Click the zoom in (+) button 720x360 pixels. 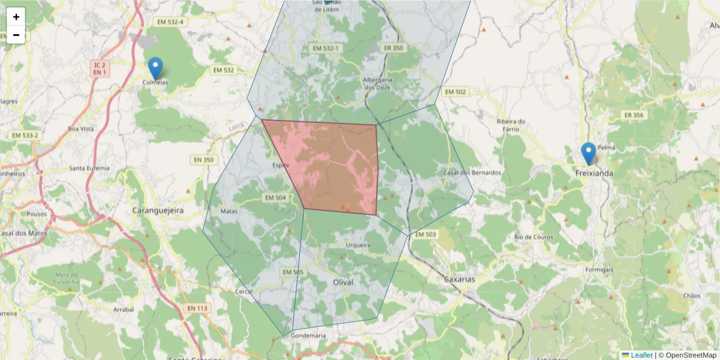(x=16, y=17)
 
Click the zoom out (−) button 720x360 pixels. (x=16, y=35)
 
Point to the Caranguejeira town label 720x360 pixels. (x=157, y=211)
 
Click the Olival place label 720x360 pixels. (x=343, y=282)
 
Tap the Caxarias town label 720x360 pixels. (x=459, y=280)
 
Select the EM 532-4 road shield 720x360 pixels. (x=170, y=22)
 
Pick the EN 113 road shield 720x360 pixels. (x=197, y=308)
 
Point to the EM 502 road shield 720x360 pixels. (x=454, y=92)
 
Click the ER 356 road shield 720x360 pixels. (x=634, y=115)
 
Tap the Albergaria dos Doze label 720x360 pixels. (x=377, y=83)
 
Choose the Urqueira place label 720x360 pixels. (x=358, y=245)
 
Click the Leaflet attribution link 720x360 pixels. (x=641, y=355)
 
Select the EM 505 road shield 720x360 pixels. (x=293, y=272)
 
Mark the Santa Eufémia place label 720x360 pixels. (x=90, y=168)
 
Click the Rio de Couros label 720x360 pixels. (x=533, y=237)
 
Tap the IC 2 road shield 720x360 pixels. (x=100, y=64)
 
